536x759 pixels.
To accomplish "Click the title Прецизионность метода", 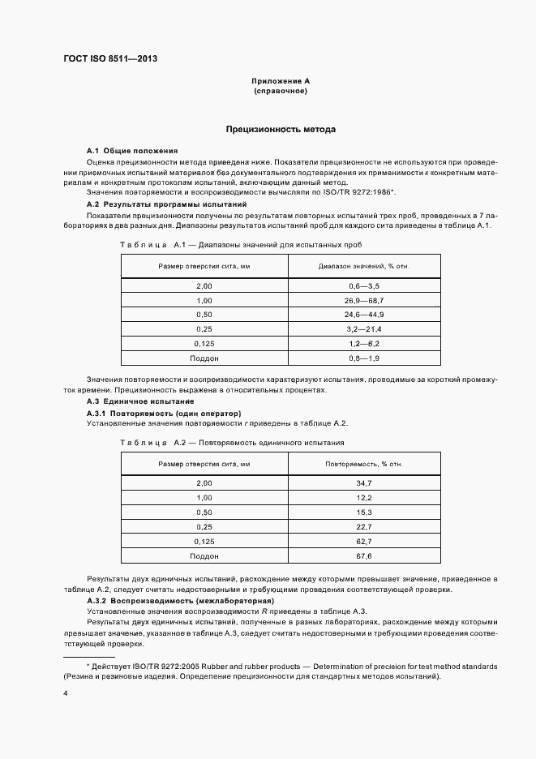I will tap(280, 130).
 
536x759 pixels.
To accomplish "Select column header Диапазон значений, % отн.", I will tap(361, 266).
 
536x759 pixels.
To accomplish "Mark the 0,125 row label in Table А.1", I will tap(203, 343).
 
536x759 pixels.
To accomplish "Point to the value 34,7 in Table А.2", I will tap(363, 483).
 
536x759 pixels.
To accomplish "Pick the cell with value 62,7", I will tap(363, 541).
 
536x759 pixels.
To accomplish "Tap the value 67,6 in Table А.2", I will tap(363, 555).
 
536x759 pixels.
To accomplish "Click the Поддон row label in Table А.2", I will tap(204, 555).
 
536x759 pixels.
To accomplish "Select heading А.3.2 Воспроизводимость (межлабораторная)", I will tap(180, 601).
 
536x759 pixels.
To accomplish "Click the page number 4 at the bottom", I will tap(65, 694).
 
